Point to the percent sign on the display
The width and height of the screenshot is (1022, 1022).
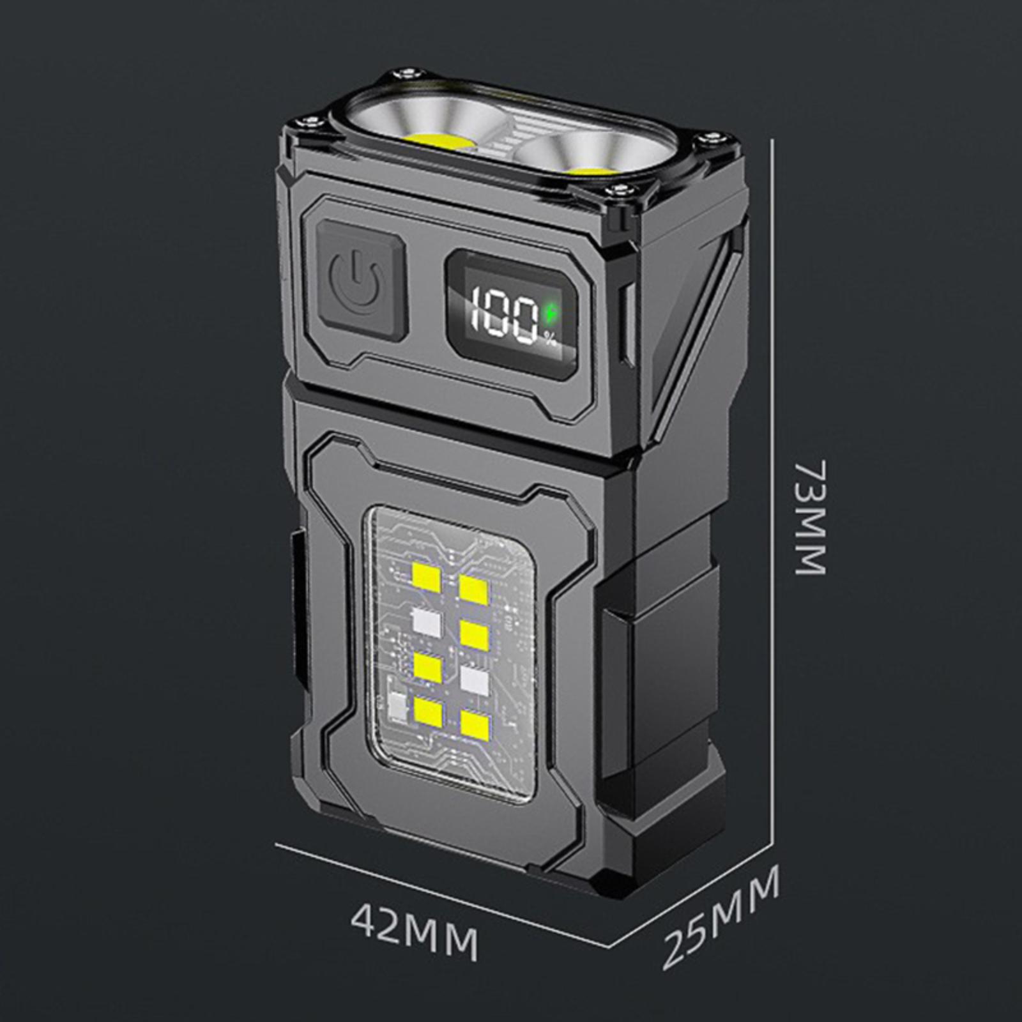tap(551, 340)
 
